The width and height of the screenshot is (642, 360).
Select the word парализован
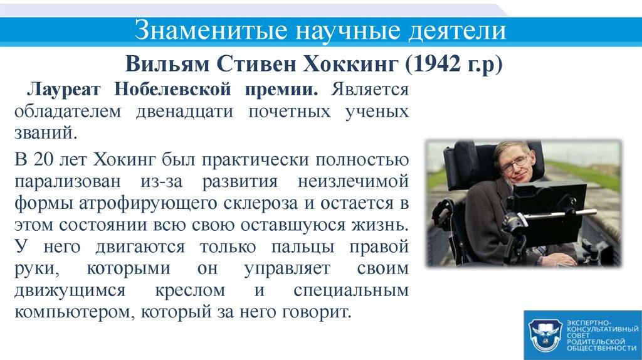(x=69, y=181)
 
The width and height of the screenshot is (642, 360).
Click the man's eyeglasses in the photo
(x=514, y=162)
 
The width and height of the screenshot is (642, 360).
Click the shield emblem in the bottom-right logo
(x=544, y=334)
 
